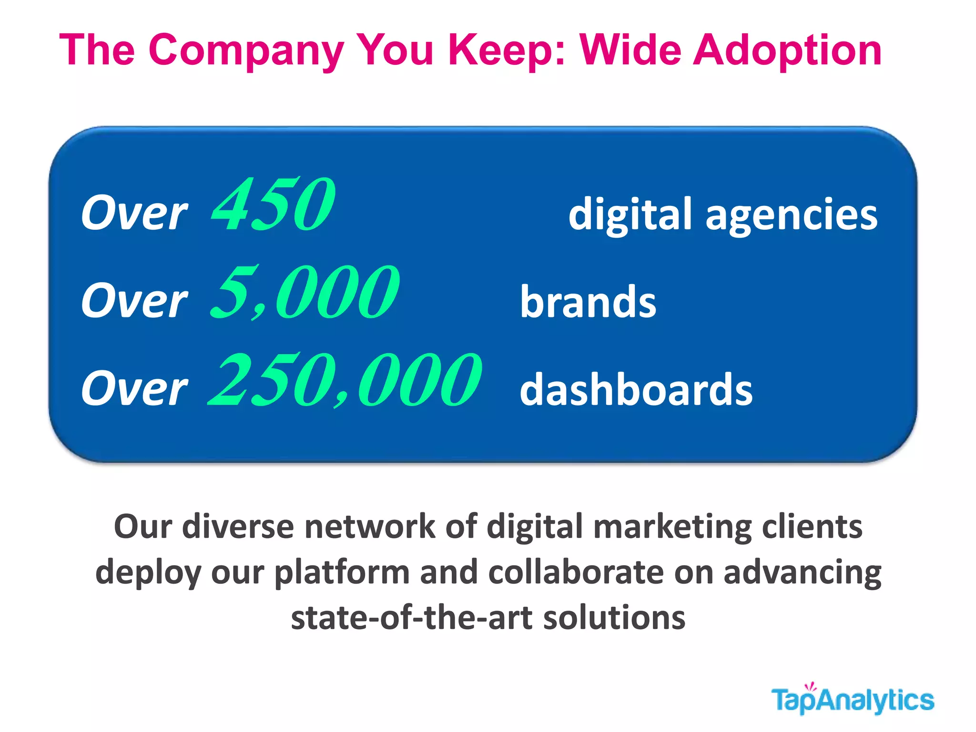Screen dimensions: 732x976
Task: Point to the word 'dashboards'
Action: tap(636, 389)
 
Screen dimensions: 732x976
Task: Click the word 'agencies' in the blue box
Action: tap(792, 214)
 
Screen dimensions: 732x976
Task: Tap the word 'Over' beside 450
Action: tap(134, 213)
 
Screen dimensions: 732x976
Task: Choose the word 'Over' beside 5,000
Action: tap(134, 301)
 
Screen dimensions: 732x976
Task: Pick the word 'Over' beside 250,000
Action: tap(134, 389)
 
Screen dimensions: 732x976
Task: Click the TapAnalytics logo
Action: tap(853, 700)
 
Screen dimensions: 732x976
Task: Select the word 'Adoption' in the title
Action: tap(787, 51)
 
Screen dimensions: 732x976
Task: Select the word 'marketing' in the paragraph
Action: tap(672, 527)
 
